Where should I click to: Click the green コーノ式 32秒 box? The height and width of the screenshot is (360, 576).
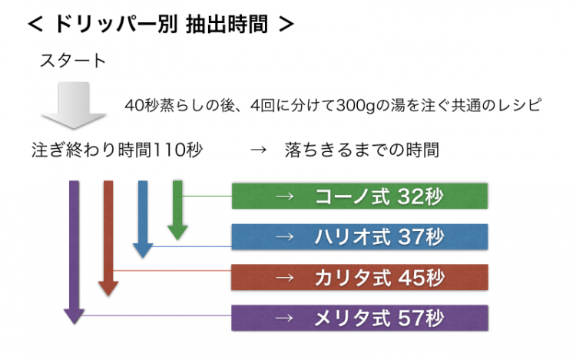tap(359, 196)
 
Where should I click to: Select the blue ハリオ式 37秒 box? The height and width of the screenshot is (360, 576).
tap(359, 236)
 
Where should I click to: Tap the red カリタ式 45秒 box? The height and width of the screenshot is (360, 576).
tap(359, 277)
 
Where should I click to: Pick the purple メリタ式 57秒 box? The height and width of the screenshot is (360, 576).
tap(359, 318)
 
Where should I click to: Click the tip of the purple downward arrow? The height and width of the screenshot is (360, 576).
tap(74, 325)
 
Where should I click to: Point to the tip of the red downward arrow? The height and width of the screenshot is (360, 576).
tap(108, 296)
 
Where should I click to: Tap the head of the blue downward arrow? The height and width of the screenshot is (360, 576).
tap(143, 258)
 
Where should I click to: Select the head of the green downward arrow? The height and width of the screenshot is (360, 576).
tap(177, 240)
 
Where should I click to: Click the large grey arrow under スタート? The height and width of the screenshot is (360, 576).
tap(74, 105)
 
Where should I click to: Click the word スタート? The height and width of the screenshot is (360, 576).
tap(73, 61)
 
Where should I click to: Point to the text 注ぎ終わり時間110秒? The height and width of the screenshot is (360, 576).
tap(118, 150)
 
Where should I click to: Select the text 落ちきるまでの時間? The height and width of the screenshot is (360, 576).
tap(362, 150)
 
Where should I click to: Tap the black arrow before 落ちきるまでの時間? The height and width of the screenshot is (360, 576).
tap(258, 150)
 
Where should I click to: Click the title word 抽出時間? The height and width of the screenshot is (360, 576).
tap(227, 25)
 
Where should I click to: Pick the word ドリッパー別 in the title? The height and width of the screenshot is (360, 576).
tap(116, 25)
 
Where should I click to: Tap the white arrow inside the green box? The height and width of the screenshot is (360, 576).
tap(285, 197)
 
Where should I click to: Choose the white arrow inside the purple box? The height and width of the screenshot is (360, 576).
tap(285, 318)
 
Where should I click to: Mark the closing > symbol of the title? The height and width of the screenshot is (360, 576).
tap(286, 25)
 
